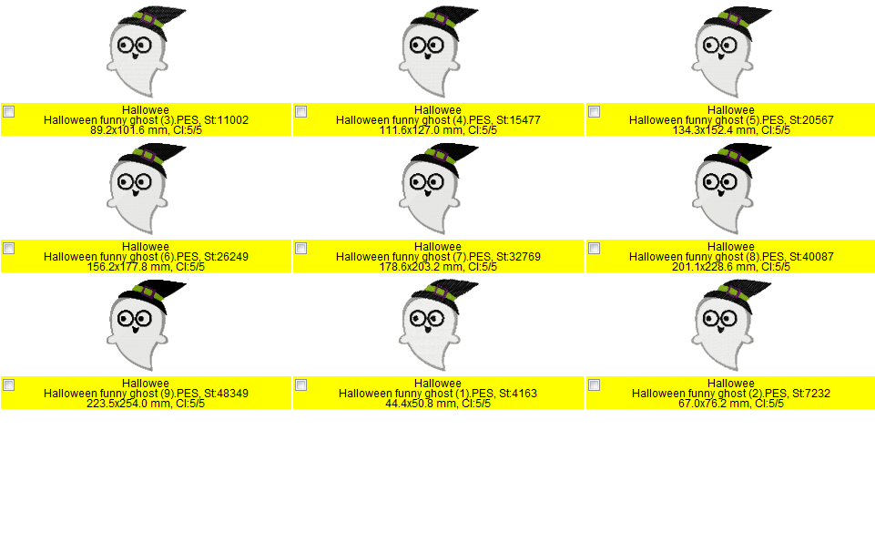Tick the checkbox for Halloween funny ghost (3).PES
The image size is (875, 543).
(9, 112)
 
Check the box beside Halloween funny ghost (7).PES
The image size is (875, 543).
(300, 248)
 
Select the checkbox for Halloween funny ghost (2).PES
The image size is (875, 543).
(595, 384)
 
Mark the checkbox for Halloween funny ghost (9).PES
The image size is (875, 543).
(9, 384)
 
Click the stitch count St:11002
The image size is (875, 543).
(226, 120)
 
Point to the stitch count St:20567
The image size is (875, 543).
(811, 120)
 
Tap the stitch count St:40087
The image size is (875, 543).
(811, 257)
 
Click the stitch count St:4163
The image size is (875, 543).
(518, 394)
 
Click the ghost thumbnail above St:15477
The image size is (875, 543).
(438, 52)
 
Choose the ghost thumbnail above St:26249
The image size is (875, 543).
(147, 189)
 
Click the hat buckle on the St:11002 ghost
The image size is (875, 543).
(149, 19)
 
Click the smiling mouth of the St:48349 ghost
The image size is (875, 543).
(135, 330)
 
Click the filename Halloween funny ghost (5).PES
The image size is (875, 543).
(707, 120)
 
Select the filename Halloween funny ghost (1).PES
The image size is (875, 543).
(416, 394)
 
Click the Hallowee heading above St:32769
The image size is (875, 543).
(438, 246)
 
